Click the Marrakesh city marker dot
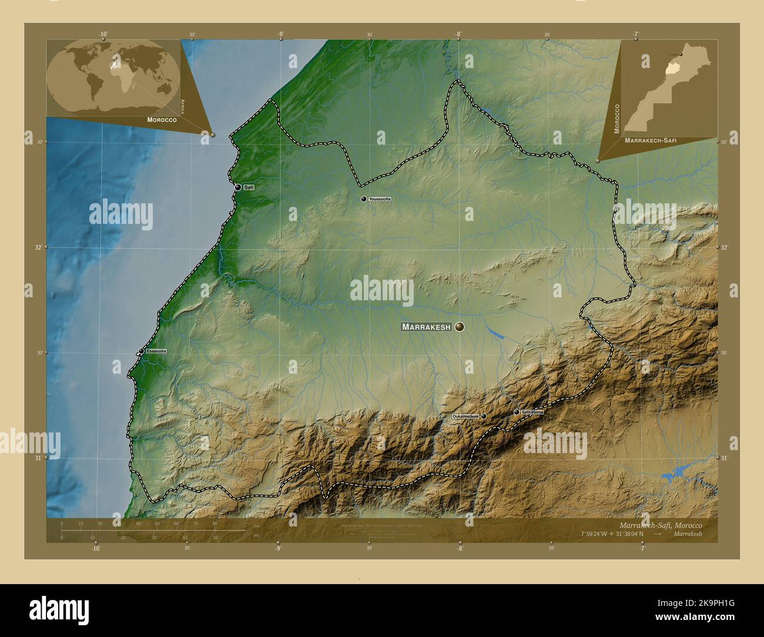coord(459,327)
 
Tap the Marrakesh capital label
coord(426,327)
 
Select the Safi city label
coord(249,187)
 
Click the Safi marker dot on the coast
coord(238,187)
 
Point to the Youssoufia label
coord(380,199)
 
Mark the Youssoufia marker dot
coord(364,199)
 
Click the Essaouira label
coord(156,351)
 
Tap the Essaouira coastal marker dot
coord(141,351)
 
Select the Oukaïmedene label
coord(465,416)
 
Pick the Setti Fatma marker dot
coord(517,413)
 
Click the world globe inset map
coord(113,77)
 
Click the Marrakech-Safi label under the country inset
coord(651,142)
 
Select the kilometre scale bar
coord(153,530)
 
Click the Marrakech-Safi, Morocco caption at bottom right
coord(660,525)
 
